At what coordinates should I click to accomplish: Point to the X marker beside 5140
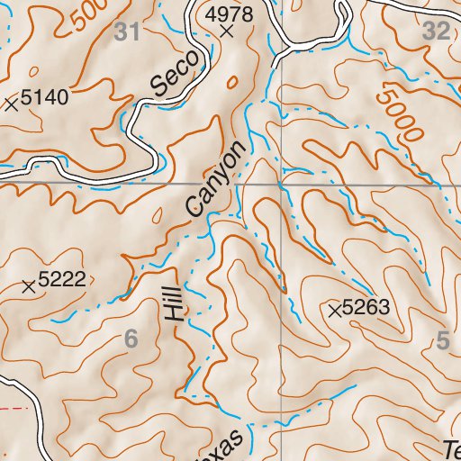[11, 104]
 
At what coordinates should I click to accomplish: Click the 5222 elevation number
[61, 280]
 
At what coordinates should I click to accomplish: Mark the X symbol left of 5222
[29, 287]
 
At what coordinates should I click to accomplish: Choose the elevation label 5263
[366, 308]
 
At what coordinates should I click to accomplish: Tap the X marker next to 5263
[335, 312]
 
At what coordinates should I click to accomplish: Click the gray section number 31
[129, 32]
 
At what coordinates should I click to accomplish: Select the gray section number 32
[436, 32]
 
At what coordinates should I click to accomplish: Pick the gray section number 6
[131, 339]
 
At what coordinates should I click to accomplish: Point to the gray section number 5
[441, 340]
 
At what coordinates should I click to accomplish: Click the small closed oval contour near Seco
[232, 83]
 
